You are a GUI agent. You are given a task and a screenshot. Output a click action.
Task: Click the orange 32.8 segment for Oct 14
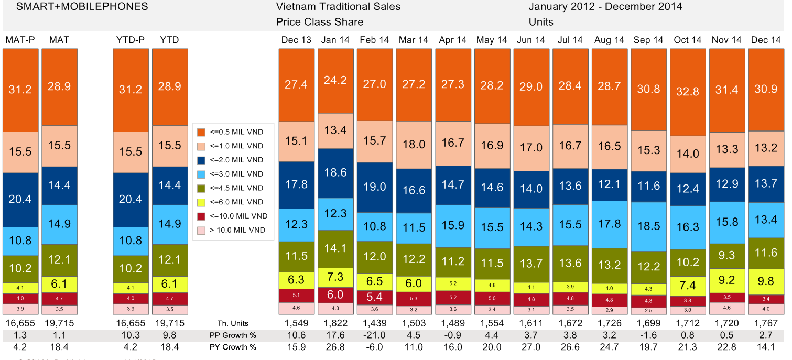pyautogui.click(x=688, y=92)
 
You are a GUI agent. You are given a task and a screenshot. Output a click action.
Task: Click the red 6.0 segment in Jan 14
pyautogui.click(x=335, y=295)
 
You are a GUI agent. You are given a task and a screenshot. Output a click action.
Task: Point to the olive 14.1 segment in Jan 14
pyautogui.click(x=335, y=249)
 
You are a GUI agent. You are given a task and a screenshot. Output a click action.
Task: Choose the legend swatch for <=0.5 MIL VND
pyautogui.click(x=201, y=132)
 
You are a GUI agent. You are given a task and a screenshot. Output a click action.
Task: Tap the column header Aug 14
pyautogui.click(x=609, y=40)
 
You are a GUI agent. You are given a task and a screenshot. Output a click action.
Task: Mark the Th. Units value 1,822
pyautogui.click(x=335, y=323)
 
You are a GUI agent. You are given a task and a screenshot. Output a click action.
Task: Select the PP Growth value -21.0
pyautogui.click(x=374, y=335)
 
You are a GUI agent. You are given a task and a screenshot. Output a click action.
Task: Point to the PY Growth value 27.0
pyautogui.click(x=531, y=347)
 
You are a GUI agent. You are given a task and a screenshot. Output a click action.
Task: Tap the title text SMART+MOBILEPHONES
pyautogui.click(x=75, y=7)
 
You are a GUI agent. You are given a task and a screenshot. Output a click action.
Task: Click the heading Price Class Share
pyautogui.click(x=319, y=22)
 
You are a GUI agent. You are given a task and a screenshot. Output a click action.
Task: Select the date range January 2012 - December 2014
pyautogui.click(x=605, y=7)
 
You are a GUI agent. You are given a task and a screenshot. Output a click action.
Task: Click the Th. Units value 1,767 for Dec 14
pyautogui.click(x=766, y=323)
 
